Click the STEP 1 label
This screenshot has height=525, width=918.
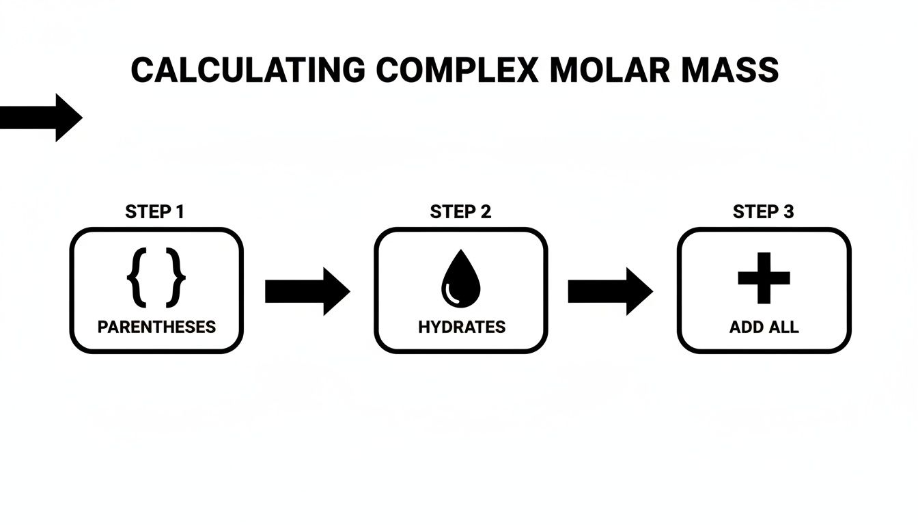(154, 212)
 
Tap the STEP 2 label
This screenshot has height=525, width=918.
(460, 212)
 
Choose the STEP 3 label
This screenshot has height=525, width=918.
(763, 212)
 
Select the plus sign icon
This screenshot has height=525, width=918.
(764, 278)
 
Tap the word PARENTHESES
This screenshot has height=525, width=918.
(156, 327)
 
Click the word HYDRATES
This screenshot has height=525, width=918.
(462, 327)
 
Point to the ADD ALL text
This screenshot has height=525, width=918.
(764, 327)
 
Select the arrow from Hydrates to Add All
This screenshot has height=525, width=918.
(610, 291)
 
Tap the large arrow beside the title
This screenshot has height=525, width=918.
(41, 118)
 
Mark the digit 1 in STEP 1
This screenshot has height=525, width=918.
(179, 212)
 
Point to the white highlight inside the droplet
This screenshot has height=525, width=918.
(451, 293)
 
